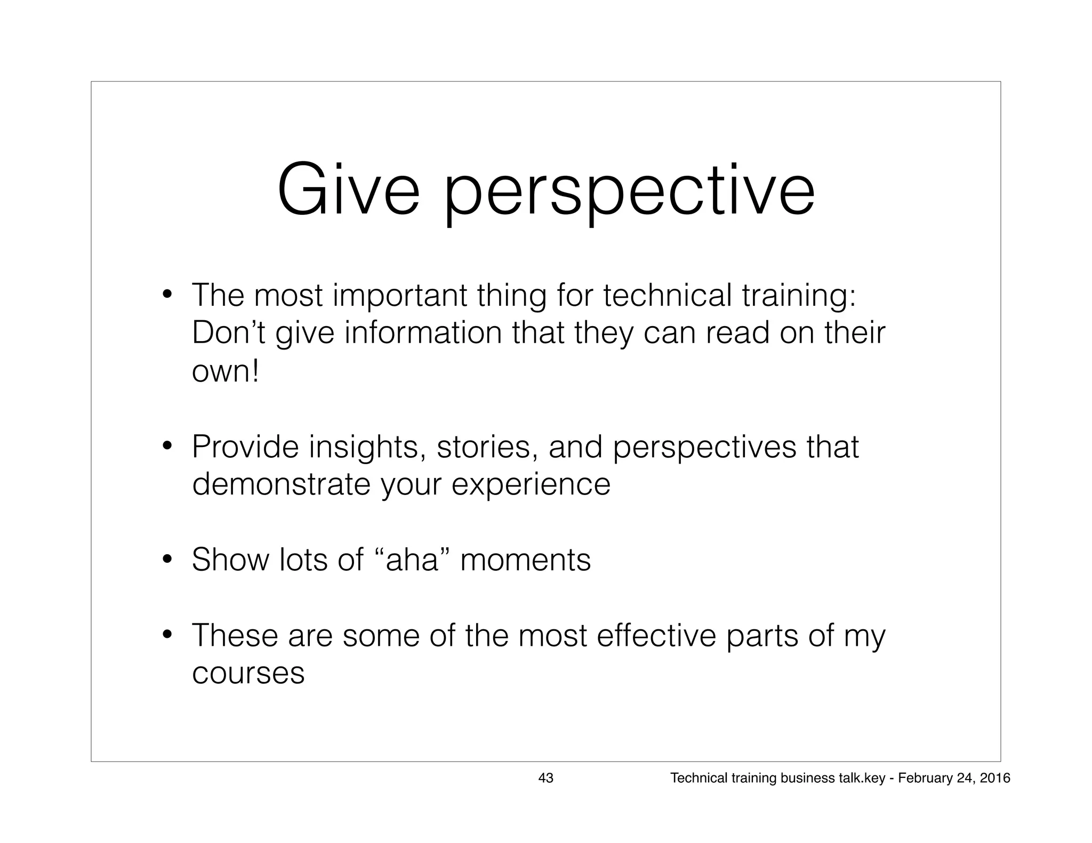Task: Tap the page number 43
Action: click(545, 778)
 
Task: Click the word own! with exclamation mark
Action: click(225, 371)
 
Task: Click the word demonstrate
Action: click(281, 484)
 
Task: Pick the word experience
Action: click(531, 485)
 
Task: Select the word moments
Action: click(525, 561)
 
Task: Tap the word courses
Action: click(248, 674)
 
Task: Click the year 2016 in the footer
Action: click(995, 778)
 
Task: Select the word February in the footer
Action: click(921, 779)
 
